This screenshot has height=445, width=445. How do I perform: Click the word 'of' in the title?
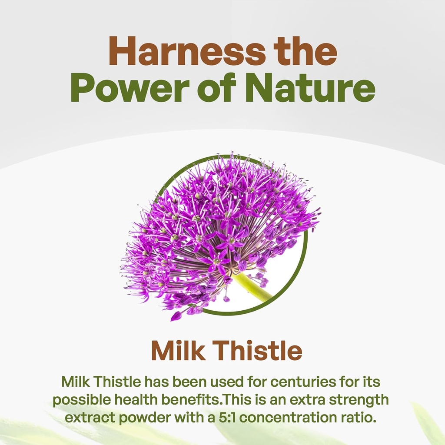coord(217,87)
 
